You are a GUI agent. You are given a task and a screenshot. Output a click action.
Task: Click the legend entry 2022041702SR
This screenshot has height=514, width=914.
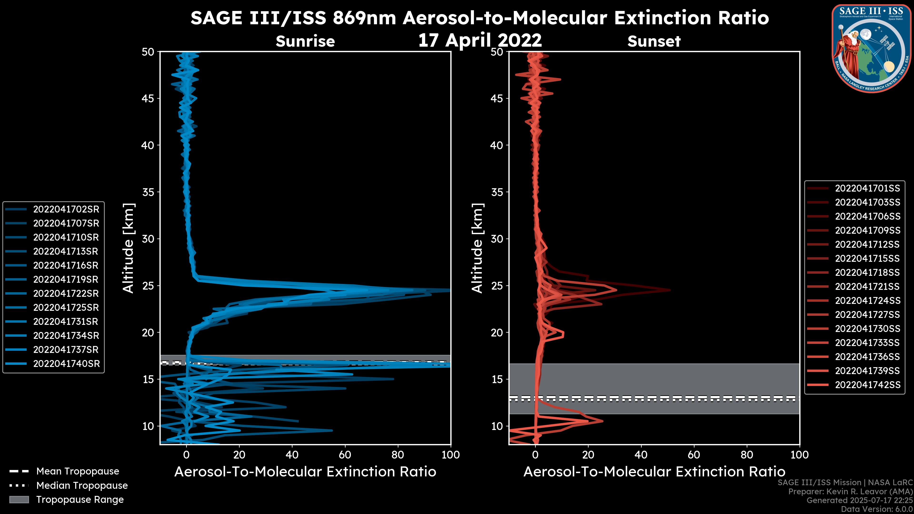[x=66, y=209]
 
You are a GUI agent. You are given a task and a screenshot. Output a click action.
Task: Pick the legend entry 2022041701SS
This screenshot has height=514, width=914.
[x=867, y=188]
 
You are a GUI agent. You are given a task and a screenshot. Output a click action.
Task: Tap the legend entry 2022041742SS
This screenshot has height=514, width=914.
[x=867, y=385]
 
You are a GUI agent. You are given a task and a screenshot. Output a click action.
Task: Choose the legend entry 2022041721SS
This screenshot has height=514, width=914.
[x=867, y=287]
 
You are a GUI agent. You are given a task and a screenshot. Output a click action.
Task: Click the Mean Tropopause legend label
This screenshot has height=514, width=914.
[x=77, y=471]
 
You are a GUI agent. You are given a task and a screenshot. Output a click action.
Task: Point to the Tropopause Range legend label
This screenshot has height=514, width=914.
[x=80, y=499]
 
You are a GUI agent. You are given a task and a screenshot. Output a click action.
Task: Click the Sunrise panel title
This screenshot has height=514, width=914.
[x=305, y=41]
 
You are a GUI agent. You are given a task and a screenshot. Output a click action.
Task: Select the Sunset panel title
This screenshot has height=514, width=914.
[x=654, y=41]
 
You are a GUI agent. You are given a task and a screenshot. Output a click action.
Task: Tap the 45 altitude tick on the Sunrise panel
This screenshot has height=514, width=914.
[x=148, y=98]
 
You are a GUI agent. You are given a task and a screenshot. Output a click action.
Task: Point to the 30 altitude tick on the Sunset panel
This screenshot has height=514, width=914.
[x=497, y=239]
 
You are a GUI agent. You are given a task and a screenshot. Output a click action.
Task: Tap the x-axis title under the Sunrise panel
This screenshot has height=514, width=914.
[x=305, y=472]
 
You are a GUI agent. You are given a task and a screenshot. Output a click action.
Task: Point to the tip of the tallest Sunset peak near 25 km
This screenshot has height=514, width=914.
[x=670, y=290]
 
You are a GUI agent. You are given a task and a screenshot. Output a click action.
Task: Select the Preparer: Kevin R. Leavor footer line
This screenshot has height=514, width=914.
[x=850, y=492]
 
